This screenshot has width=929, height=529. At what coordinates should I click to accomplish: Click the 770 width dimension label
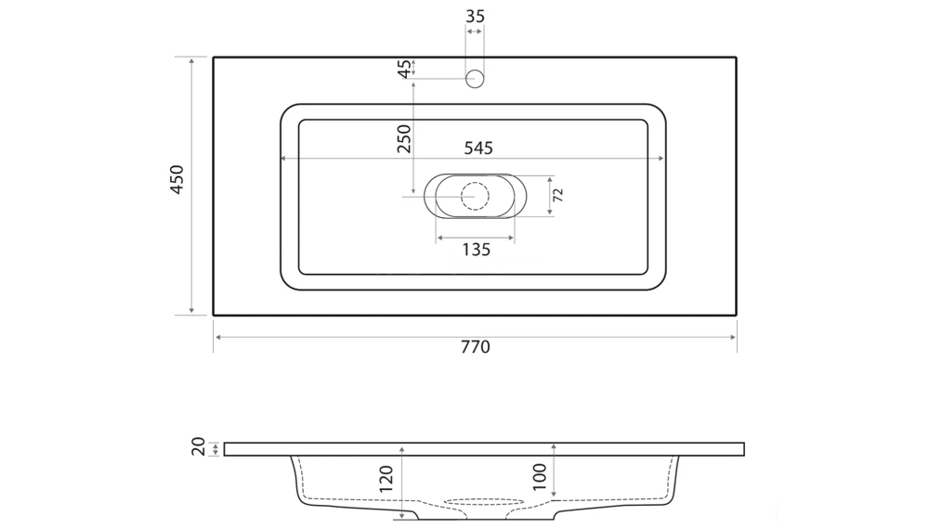click(x=475, y=347)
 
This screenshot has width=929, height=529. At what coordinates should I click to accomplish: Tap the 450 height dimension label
click(x=177, y=180)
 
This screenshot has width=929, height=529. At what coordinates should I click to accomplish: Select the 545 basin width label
click(x=478, y=148)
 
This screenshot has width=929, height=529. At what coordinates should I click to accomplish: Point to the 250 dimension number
click(x=404, y=139)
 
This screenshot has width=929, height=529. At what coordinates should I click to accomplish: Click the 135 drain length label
click(x=476, y=250)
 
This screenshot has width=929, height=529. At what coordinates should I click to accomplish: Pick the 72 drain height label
click(x=557, y=195)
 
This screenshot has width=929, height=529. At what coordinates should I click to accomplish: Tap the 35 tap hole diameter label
click(x=475, y=17)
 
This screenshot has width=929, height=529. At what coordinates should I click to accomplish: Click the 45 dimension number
click(x=404, y=69)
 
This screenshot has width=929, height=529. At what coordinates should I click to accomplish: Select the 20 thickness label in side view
click(x=199, y=446)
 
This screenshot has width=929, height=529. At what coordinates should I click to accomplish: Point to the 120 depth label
click(x=386, y=479)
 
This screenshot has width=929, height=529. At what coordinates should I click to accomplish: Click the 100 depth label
click(x=539, y=477)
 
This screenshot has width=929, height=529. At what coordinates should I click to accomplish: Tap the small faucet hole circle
click(x=475, y=79)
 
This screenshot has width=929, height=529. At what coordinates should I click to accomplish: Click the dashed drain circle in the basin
click(x=475, y=196)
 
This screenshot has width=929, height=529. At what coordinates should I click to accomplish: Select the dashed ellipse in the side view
click(x=483, y=502)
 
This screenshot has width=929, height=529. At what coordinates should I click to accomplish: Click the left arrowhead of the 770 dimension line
click(x=218, y=337)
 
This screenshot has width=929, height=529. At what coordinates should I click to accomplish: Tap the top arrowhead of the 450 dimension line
click(x=191, y=61)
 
